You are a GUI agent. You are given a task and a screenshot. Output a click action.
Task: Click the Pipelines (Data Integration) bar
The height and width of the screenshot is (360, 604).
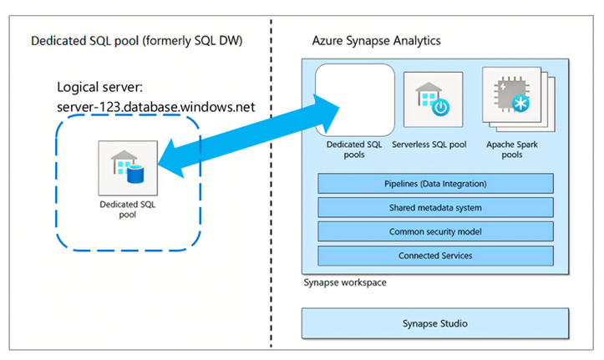[x=435, y=183]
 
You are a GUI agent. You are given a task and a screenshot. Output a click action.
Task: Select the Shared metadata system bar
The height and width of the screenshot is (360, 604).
[x=435, y=207]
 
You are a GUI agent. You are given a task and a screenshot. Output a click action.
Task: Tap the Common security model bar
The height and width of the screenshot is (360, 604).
[x=435, y=231]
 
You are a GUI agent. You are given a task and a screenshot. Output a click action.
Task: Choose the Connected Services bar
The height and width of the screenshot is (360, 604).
[x=435, y=255]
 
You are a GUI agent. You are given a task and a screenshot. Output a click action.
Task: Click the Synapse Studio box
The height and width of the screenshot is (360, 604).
[x=435, y=323]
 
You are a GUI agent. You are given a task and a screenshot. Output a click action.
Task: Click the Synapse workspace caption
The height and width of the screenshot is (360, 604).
[x=345, y=283]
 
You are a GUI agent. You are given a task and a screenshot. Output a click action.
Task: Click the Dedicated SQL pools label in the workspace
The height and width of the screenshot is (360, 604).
[x=354, y=149]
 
